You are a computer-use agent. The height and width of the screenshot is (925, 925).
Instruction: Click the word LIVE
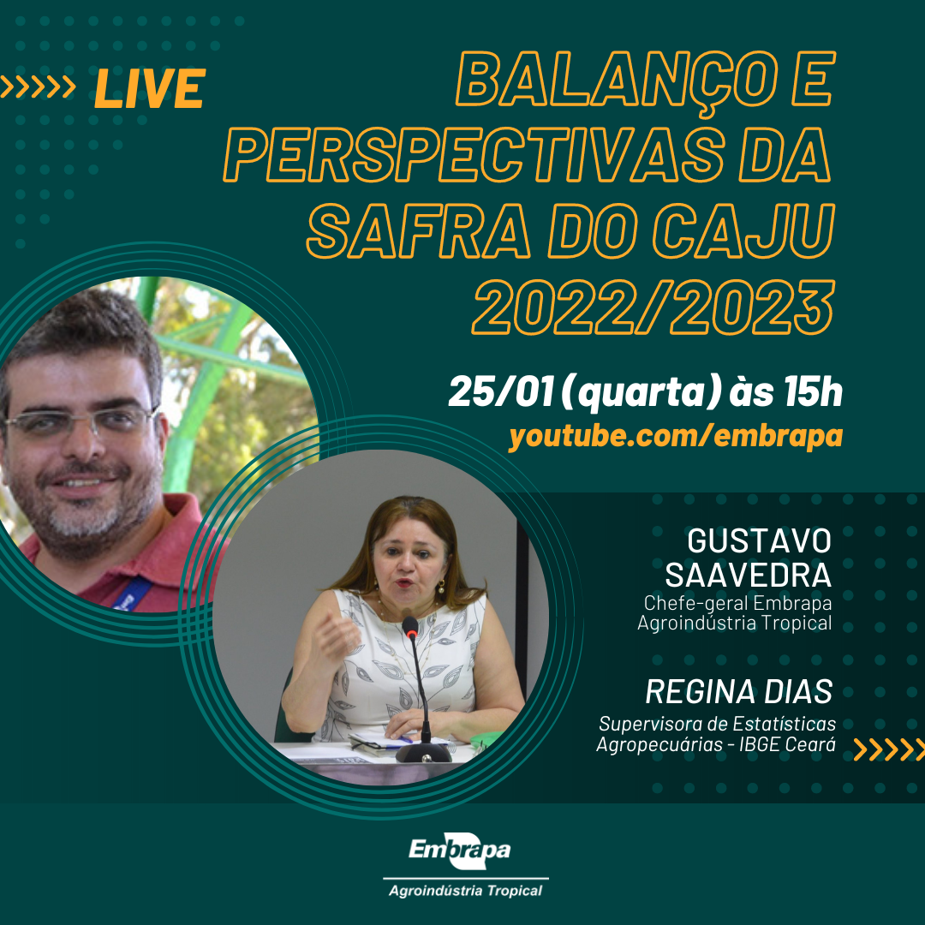150,88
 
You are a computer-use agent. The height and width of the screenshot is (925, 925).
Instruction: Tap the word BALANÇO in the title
617,80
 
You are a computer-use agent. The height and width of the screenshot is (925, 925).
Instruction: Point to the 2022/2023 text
653,307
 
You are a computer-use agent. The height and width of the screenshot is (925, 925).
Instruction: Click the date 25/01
501,391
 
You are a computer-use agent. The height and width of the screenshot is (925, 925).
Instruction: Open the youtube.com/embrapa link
676,436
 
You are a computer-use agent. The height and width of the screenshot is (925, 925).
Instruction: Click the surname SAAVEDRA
748,576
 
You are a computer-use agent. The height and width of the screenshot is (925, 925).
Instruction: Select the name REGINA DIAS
738,691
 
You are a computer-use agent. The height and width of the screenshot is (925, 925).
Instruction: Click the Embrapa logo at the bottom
460,850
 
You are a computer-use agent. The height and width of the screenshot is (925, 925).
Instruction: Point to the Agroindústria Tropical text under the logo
465,891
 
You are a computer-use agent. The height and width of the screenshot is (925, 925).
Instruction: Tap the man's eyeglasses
80,421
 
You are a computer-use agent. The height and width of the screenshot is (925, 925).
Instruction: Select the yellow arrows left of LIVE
38,87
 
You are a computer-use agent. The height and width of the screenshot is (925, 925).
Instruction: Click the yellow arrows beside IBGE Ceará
889,749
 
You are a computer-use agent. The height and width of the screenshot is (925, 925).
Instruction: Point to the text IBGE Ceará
787,744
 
